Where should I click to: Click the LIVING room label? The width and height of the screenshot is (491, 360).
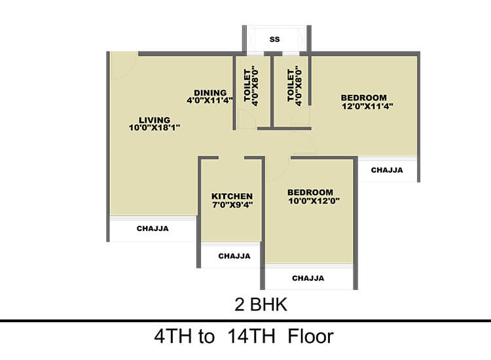(154, 120)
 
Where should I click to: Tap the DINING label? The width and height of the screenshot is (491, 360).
(209, 92)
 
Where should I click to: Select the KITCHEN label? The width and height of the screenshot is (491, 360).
(232, 196)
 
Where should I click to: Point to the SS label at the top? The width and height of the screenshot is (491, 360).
(275, 40)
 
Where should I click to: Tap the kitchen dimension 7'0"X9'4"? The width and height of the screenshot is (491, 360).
(232, 204)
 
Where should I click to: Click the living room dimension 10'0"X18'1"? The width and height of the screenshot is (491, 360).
(154, 128)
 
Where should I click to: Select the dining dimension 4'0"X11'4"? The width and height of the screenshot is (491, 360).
(209, 100)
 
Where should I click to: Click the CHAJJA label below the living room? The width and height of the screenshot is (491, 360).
(153, 228)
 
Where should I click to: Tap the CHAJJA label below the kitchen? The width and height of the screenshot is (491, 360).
(234, 256)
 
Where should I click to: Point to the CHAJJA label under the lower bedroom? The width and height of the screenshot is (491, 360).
(308, 278)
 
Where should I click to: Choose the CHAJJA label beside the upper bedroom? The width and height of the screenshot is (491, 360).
(387, 170)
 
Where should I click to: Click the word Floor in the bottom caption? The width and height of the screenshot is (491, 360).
(306, 337)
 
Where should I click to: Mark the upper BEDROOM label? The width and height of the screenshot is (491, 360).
(363, 98)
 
